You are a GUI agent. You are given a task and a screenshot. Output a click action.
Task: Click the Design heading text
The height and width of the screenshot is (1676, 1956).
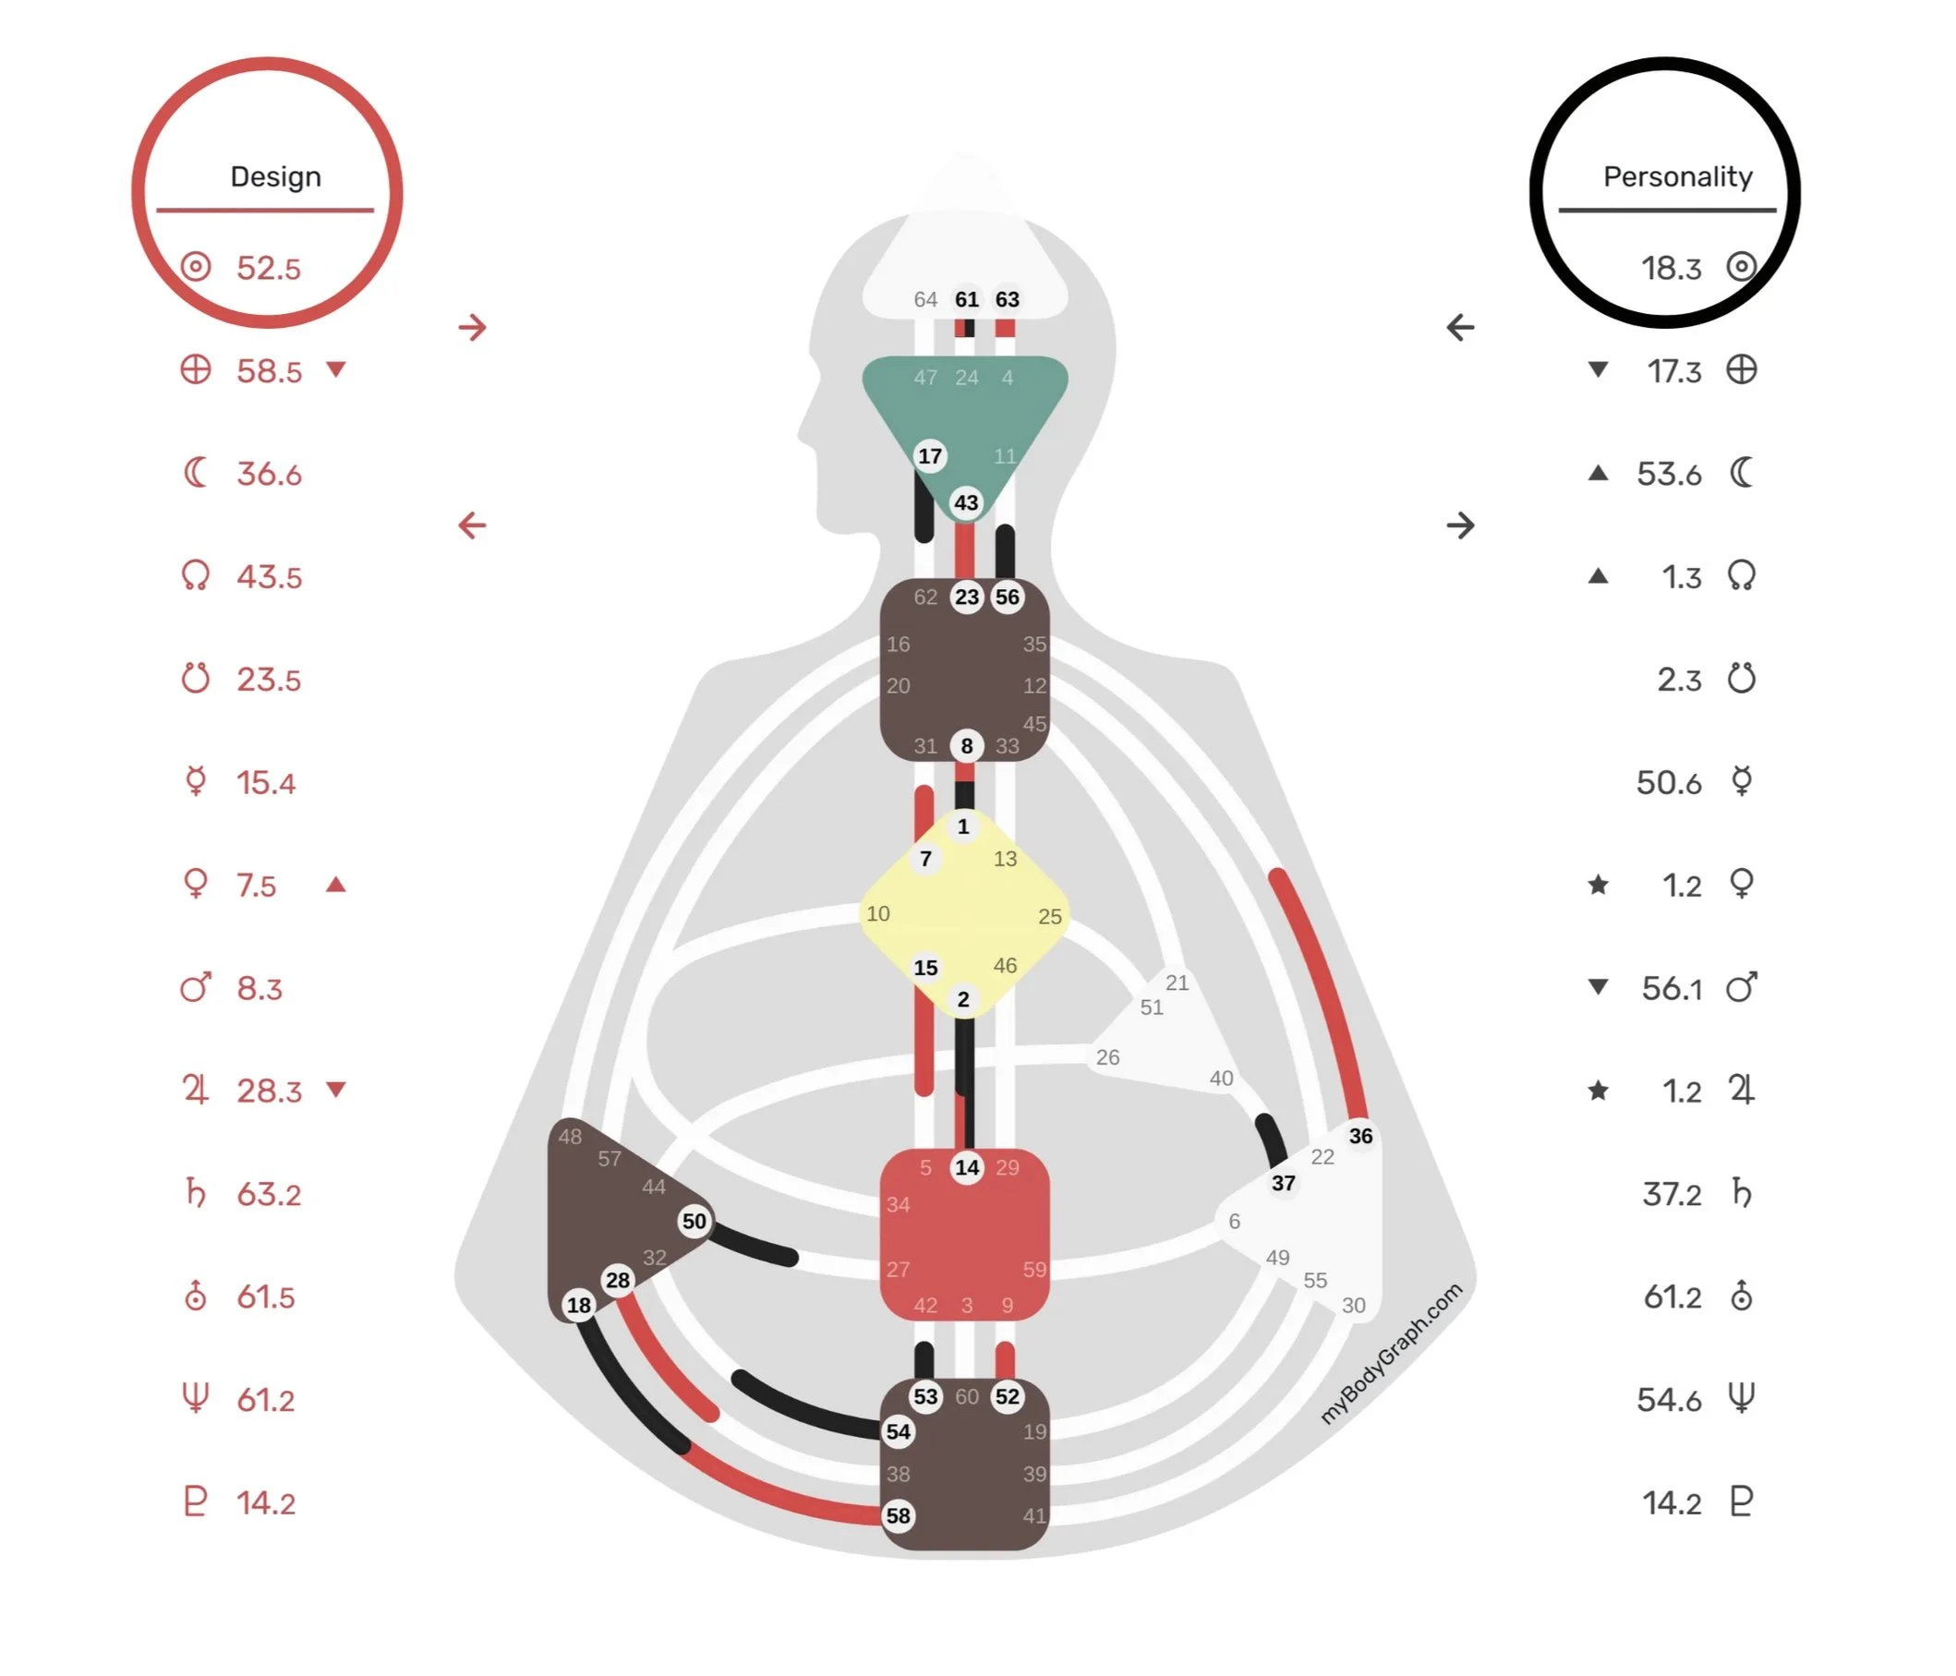(275, 176)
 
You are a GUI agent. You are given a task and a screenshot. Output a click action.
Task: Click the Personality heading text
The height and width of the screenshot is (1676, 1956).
(1676, 176)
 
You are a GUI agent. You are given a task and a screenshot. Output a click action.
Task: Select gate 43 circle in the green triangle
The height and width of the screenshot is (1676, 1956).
(966, 502)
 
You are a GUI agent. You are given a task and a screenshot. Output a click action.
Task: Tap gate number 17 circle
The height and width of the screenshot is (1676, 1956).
(930, 456)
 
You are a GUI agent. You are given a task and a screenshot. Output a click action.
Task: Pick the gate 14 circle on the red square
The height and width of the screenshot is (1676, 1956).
(967, 1167)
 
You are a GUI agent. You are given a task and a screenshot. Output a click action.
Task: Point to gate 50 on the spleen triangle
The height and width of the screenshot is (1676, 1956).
(694, 1221)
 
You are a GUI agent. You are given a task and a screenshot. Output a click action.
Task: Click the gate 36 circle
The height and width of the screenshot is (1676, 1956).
(1360, 1136)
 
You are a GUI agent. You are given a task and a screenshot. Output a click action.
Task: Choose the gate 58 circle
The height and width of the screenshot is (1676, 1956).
(898, 1515)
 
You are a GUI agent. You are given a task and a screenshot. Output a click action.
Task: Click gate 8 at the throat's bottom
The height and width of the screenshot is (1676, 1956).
(967, 745)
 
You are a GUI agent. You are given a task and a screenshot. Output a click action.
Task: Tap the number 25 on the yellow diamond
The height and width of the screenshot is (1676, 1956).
(1050, 916)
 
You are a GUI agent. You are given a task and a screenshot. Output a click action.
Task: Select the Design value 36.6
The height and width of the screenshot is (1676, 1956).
(269, 474)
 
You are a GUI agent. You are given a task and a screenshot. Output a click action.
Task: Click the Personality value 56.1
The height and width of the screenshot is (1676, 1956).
(1671, 988)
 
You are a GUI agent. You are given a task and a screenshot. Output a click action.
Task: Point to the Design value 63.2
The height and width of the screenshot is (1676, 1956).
(269, 1194)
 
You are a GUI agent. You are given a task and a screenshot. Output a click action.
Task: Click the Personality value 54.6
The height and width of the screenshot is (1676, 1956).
(1669, 1400)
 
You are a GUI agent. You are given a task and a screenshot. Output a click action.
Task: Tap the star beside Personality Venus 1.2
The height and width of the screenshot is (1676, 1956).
(1598, 886)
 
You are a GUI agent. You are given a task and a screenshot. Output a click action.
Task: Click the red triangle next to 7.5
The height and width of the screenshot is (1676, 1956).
(335, 886)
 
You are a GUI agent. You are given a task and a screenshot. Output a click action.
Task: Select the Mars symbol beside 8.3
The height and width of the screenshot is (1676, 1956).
(196, 987)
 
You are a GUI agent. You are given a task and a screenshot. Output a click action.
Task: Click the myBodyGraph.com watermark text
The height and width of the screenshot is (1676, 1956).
(1390, 1352)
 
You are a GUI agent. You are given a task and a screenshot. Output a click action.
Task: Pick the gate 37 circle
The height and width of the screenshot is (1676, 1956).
(1283, 1183)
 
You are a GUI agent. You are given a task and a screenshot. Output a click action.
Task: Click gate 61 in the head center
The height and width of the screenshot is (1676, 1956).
(967, 299)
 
